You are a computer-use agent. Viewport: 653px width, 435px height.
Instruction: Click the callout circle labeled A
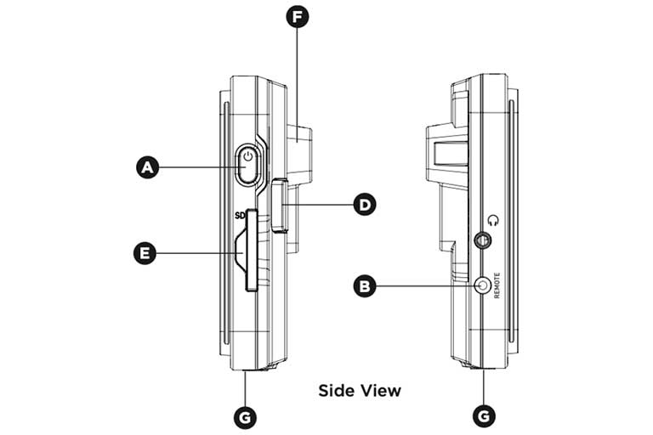(149, 168)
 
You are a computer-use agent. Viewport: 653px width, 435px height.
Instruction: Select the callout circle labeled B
(365, 287)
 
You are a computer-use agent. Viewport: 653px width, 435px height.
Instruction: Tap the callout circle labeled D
(365, 204)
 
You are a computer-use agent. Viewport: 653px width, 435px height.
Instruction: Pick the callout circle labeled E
(149, 251)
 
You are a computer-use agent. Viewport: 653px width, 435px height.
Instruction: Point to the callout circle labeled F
(297, 17)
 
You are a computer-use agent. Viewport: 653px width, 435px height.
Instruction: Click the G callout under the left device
(245, 416)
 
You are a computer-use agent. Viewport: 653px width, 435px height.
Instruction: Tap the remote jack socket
(485, 286)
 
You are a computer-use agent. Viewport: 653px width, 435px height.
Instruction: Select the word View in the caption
(380, 391)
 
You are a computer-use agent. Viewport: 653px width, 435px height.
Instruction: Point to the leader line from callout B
(425, 287)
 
